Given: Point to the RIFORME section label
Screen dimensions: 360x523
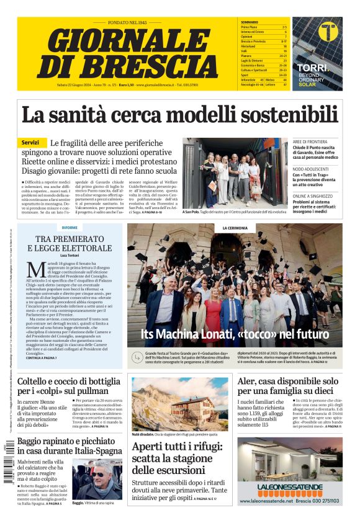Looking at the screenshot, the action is coord(70,228).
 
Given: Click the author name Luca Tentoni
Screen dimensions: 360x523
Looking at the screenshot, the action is coord(70,255).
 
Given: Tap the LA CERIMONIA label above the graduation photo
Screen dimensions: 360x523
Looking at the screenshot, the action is coord(235,228).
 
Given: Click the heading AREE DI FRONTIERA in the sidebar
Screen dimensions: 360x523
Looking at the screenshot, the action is coord(315,142).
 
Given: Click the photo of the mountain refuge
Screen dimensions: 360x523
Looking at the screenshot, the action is coord(180,404).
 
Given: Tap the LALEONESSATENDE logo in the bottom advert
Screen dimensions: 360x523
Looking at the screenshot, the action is coord(289,487).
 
